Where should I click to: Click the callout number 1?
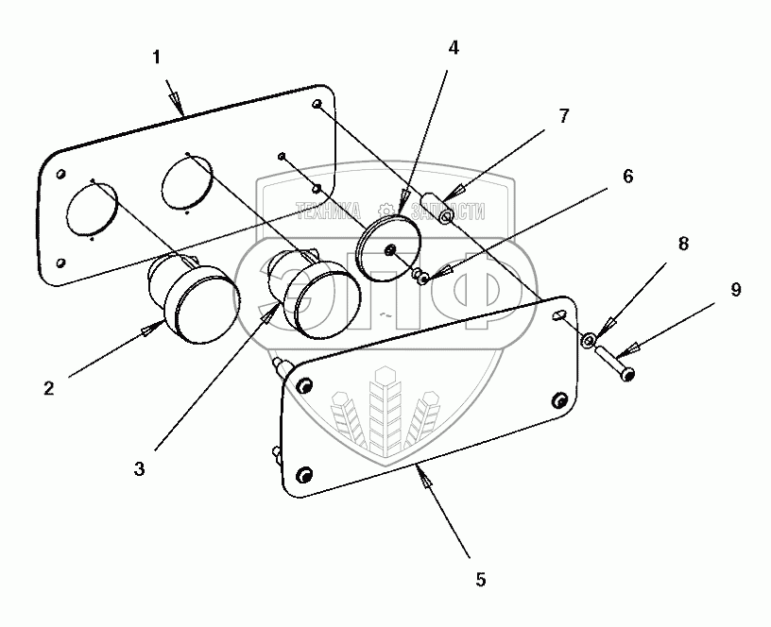click(157, 57)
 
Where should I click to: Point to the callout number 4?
click(454, 46)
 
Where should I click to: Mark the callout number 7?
click(564, 116)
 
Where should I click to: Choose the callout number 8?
click(684, 244)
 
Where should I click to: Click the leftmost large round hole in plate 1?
click(92, 209)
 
